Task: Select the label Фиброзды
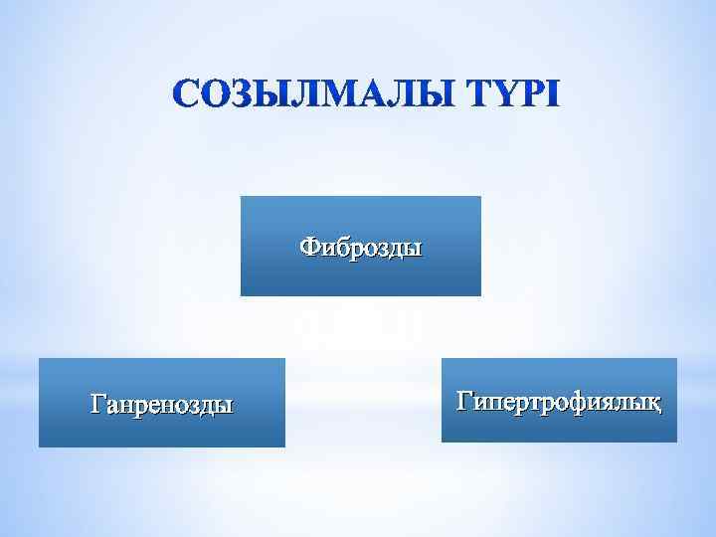coord(361,245)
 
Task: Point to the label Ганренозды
coord(162,405)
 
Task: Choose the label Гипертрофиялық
coord(559,402)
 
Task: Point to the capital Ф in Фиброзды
coord(309,245)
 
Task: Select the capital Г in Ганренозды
coord(96,404)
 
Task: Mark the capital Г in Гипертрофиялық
coord(462,401)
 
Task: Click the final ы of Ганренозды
coord(227,405)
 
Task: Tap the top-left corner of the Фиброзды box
coord(241,197)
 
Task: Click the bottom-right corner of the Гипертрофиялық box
coord(676,442)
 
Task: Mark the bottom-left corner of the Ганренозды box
coord(39,447)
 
